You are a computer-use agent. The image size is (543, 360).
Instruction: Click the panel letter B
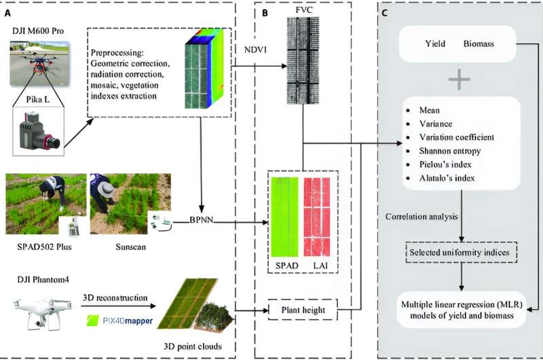256,11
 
